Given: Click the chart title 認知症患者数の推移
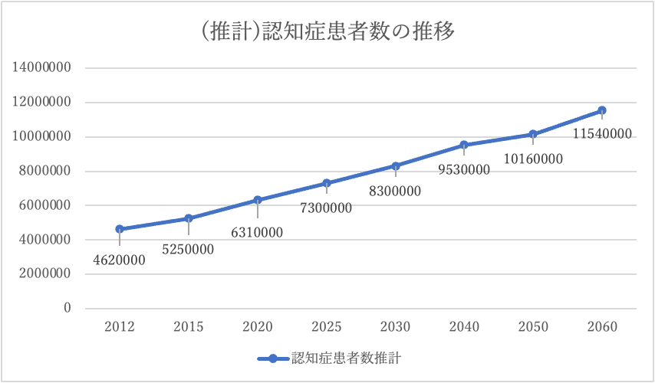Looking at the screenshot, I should coord(327,32).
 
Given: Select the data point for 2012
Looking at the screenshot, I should coord(120,229).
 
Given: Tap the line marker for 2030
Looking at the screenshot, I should coord(396,165).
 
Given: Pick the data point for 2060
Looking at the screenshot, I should coord(602,110).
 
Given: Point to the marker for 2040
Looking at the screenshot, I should coord(464,145).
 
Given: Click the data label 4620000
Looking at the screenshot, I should coord(120,260).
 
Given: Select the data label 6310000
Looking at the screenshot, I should coord(257,232).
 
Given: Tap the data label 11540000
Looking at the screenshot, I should coord(602,134).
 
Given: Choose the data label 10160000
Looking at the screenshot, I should coord(533,159).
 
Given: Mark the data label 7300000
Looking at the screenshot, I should coord(326,208).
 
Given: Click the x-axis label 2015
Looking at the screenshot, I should coord(189,326).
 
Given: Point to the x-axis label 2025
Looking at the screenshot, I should coord(326,326).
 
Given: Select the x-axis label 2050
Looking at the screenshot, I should coord(533,326).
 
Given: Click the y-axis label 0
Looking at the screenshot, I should coord(67,308).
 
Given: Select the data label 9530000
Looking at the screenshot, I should coord(464,170).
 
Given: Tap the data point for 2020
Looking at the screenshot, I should coord(258,200).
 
